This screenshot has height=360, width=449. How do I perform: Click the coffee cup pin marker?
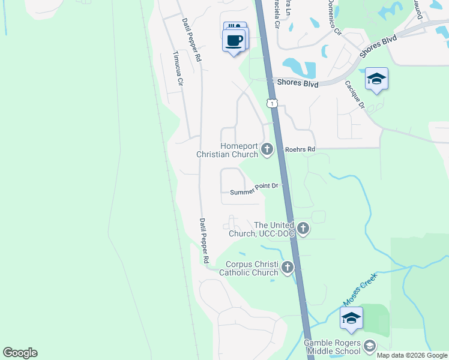click(234, 41)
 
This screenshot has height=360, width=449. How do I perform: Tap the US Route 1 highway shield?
click(273, 104)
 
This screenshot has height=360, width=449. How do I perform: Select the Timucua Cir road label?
click(177, 70)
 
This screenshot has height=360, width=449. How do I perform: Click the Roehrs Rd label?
click(300, 149)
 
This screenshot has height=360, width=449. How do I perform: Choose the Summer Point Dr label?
click(254, 190)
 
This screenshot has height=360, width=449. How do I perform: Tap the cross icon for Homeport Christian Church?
click(267, 149)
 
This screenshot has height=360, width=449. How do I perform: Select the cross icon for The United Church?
click(303, 229)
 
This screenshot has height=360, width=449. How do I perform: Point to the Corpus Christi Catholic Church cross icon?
click(288, 268)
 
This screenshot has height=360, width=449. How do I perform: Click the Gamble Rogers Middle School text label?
click(332, 347)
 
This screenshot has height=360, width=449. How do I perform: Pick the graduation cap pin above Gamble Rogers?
click(351, 318)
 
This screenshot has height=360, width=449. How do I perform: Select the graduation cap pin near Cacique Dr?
click(376, 79)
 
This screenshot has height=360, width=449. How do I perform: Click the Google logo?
click(20, 353)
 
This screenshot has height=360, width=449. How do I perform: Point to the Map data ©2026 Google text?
click(412, 355)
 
